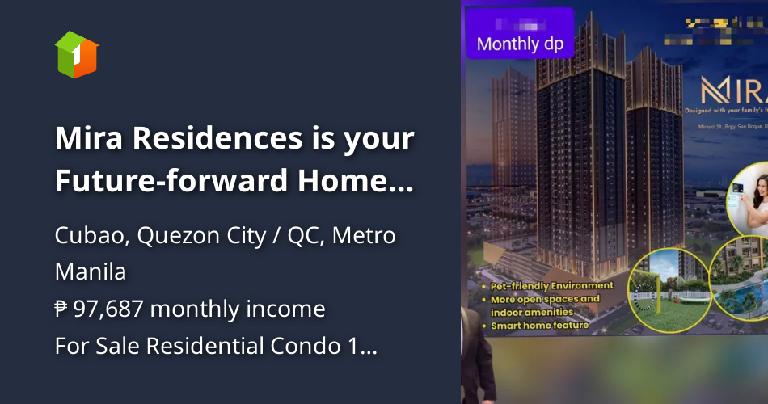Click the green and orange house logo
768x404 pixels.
click(x=77, y=54)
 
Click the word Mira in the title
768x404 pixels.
click(x=90, y=138)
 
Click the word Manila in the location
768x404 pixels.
click(x=90, y=271)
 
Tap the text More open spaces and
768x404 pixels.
click(x=546, y=298)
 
